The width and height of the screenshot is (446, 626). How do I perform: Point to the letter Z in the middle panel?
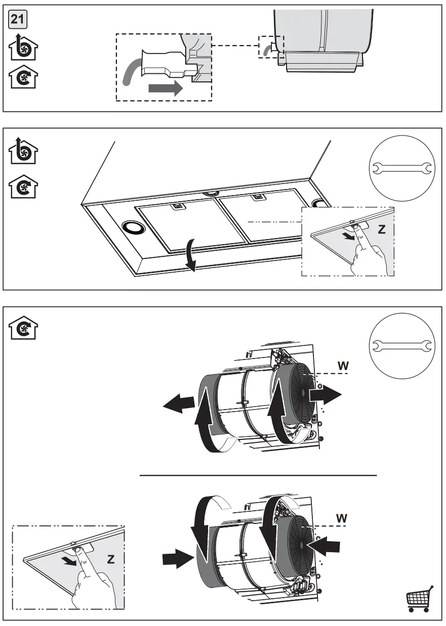click(x=381, y=230)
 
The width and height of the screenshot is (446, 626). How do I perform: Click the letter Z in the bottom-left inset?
click(x=110, y=560)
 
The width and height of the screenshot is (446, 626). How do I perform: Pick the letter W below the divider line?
click(x=343, y=518)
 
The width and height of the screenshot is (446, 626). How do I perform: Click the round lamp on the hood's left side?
click(x=133, y=228)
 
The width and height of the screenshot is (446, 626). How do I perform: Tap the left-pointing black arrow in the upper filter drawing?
click(x=178, y=403)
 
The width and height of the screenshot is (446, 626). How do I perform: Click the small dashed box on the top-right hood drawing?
click(x=271, y=47)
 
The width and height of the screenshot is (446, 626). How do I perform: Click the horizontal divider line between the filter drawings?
click(x=258, y=476)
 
